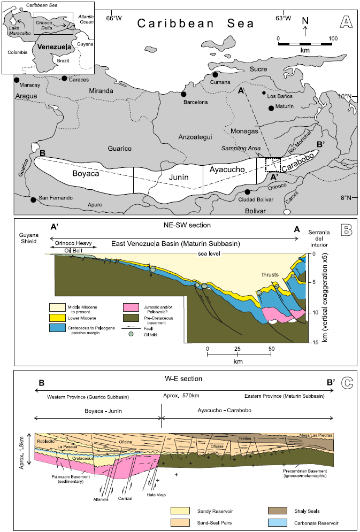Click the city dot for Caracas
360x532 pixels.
[x=64, y=78]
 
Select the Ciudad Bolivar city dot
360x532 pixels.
[x=248, y=191]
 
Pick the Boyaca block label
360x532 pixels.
[x=88, y=173]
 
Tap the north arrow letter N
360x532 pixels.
[x=305, y=21]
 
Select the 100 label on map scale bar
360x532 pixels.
[x=333, y=38]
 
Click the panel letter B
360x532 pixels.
[x=346, y=230]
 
